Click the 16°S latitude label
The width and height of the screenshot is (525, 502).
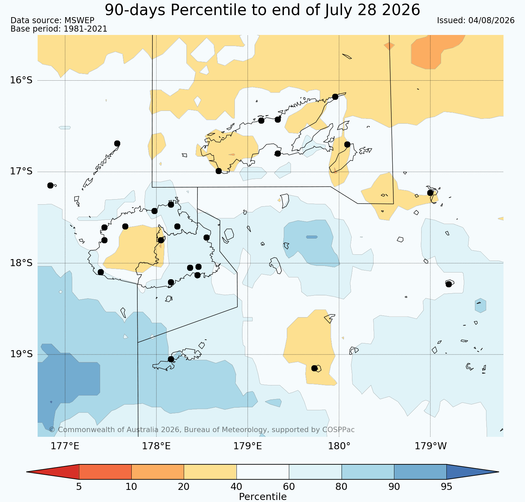(21, 80)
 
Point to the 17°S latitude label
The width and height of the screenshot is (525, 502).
(21, 171)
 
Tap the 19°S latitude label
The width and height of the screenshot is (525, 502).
(21, 354)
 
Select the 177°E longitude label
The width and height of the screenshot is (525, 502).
(65, 446)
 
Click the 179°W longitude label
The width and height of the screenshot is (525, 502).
(431, 446)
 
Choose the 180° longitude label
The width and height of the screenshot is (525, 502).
(339, 446)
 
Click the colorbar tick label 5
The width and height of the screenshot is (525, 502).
(79, 487)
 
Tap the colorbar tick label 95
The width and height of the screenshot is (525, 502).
(446, 487)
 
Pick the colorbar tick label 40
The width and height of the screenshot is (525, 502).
(236, 487)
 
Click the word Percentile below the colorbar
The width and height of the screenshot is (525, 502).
(263, 497)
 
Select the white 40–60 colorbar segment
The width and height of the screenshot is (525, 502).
(263, 472)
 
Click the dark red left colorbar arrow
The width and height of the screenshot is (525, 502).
(53, 472)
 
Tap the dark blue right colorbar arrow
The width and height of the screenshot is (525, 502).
(473, 472)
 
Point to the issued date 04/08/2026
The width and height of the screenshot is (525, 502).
(491, 20)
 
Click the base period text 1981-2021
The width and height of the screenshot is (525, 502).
(85, 29)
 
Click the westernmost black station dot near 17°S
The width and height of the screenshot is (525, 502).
(50, 185)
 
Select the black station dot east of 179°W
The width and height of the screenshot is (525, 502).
(448, 284)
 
